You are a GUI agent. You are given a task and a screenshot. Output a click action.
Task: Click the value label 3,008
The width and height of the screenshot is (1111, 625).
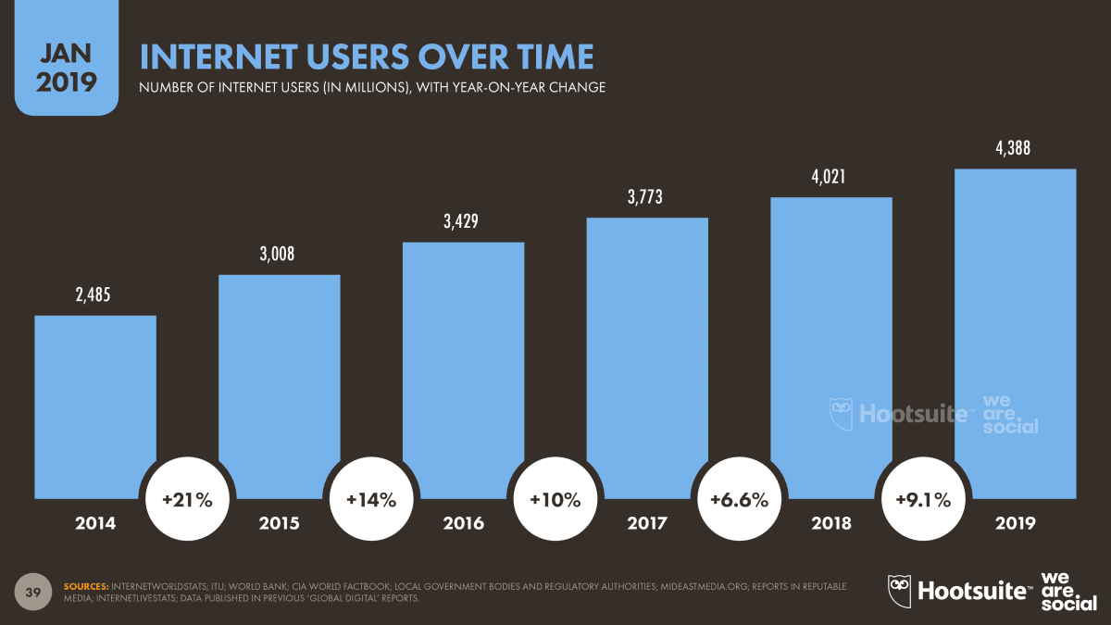click(x=279, y=255)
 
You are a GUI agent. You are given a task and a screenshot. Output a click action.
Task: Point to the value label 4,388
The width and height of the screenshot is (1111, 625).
click(x=1015, y=148)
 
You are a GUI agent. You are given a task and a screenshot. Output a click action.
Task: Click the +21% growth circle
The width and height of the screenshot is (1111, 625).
click(x=187, y=500)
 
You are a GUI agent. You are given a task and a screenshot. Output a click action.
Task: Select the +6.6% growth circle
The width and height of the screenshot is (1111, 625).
click(x=739, y=500)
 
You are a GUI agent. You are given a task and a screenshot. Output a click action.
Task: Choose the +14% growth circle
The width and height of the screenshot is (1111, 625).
click(x=371, y=500)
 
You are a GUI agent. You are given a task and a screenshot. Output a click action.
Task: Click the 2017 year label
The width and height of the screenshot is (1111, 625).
click(x=647, y=524)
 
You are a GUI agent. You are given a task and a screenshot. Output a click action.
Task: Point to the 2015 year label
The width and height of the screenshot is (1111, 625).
click(x=279, y=524)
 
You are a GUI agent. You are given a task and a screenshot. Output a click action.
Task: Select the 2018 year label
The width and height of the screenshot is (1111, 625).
click(x=830, y=524)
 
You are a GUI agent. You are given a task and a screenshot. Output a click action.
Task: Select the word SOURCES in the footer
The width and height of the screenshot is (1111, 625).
click(x=84, y=586)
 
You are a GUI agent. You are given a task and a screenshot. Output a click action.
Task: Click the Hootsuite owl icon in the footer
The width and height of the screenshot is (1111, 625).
click(x=900, y=589)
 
